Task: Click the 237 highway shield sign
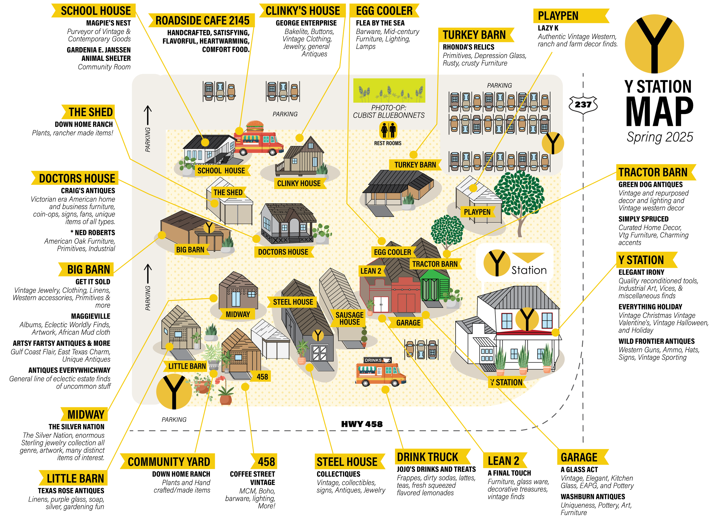[583, 104]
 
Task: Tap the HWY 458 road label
[361, 424]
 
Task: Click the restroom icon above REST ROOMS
[388, 130]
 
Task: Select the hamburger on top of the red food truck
[255, 126]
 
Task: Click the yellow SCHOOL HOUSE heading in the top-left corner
[95, 11]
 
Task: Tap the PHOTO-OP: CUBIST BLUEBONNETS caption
[388, 111]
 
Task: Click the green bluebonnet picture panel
[389, 90]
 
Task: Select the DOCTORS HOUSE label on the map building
[283, 252]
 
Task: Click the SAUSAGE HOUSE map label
[350, 319]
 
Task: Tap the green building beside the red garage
[435, 286]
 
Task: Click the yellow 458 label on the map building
[262, 377]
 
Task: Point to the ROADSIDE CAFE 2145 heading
[202, 20]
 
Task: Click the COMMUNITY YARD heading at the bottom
[168, 462]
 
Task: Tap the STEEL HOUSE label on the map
[293, 302]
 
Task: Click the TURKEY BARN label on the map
[415, 165]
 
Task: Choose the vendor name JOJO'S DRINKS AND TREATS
[436, 469]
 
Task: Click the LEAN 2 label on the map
[370, 271]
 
